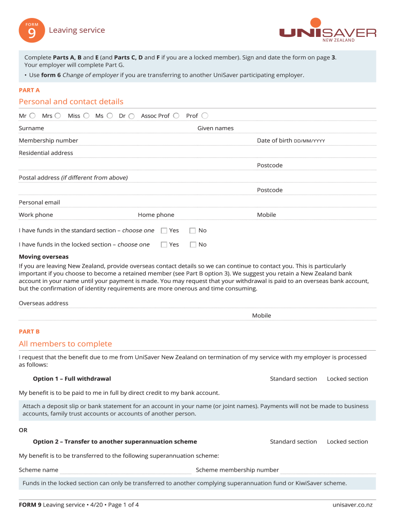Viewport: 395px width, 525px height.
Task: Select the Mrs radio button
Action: tap(58, 116)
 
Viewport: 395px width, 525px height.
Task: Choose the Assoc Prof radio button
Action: tap(176, 116)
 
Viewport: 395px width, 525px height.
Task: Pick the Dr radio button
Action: tap(132, 116)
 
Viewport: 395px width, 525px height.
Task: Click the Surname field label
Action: tap(31, 128)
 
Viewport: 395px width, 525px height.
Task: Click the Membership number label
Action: tap(48, 140)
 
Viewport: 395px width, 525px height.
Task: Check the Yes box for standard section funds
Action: tap(164, 231)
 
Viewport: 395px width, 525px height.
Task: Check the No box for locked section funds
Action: tap(193, 245)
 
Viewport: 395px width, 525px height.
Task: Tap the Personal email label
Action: tap(39, 203)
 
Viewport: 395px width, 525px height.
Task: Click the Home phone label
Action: tap(156, 215)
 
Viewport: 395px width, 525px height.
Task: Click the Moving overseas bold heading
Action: tap(44, 257)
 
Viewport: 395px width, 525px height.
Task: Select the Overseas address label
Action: tap(44, 304)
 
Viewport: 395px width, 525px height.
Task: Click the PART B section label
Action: tap(29, 332)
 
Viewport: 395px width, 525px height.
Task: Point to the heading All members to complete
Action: tap(65, 344)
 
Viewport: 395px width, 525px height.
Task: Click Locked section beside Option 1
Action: tap(347, 379)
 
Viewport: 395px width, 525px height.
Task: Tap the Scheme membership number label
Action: tap(237, 470)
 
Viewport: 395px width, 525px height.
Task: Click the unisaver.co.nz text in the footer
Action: tap(352, 505)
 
